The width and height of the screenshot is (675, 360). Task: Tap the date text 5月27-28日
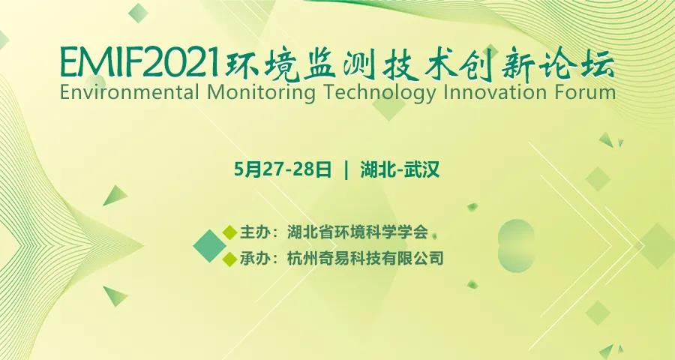283,169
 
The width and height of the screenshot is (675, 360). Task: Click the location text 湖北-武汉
399,169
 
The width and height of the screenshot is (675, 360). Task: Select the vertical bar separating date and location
346,169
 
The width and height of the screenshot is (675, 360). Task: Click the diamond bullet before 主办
229,231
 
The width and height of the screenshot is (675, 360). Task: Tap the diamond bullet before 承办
229,259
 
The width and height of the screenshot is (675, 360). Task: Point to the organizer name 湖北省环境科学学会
357,231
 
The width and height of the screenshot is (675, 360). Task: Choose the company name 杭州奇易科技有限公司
365,259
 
